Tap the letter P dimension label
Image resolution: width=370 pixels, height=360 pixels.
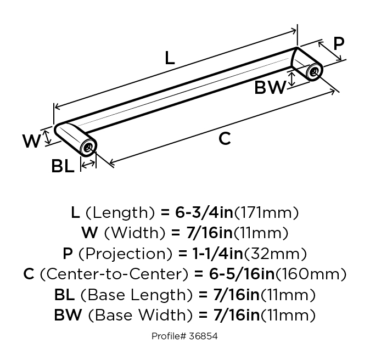click(339, 44)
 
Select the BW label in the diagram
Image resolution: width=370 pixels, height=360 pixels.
click(270, 87)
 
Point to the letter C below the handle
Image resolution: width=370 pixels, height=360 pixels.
click(225, 139)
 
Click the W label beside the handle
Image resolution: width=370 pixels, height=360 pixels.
click(32, 142)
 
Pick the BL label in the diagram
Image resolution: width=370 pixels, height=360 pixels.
click(63, 166)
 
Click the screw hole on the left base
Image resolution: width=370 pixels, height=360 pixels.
click(88, 147)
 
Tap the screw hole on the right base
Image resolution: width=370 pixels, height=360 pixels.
click(315, 71)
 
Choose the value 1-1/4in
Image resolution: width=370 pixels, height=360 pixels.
click(210, 254)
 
